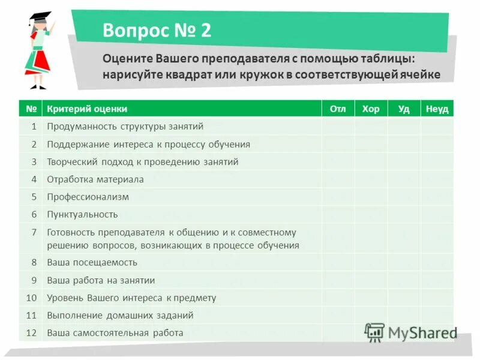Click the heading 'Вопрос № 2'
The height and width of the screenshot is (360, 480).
[157, 30]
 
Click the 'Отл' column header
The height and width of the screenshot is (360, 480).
[338, 109]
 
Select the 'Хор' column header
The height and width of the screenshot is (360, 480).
[371, 109]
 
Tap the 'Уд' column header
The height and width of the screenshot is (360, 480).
[404, 109]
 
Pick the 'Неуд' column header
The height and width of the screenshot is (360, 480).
[437, 109]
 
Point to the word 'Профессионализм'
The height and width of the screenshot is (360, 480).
[88, 197]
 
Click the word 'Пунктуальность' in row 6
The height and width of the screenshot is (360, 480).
[82, 214]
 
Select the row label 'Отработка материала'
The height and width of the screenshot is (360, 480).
[95, 179]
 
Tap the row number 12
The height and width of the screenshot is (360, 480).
[32, 332]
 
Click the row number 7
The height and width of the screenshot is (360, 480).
[34, 232]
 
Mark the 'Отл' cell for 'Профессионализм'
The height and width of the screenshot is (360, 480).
[338, 197]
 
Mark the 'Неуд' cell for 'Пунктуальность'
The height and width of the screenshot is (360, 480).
[437, 214]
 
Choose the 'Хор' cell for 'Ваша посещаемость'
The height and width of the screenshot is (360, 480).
[371, 262]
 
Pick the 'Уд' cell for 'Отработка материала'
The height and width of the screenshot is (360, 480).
[404, 179]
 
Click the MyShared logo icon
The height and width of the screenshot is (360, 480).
[374, 332]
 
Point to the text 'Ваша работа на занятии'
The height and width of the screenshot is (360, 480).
[101, 280]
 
